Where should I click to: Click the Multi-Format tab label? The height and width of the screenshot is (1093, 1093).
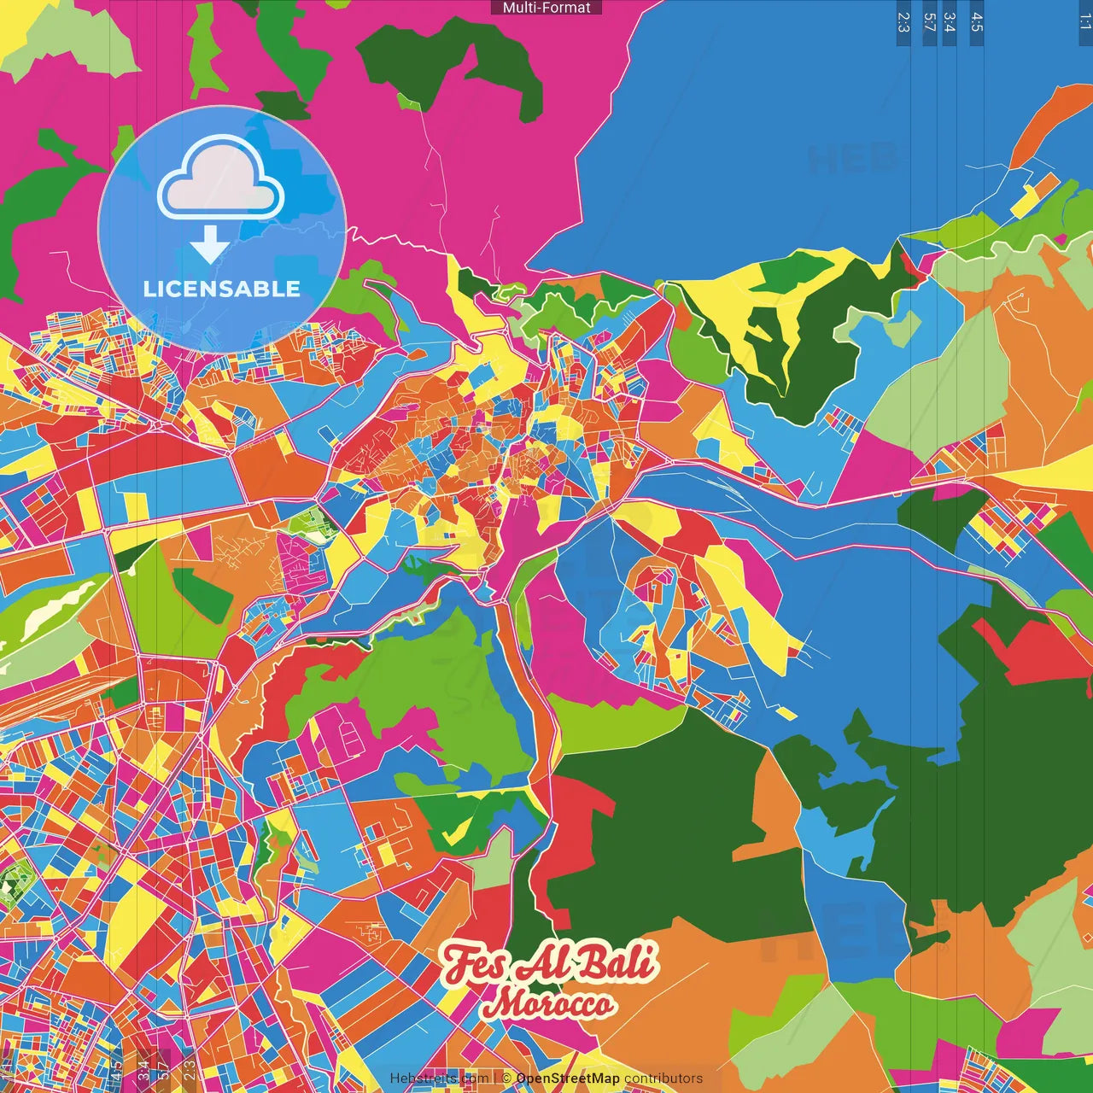pos(546,8)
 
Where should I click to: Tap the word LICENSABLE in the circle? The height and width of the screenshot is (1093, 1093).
pos(222,289)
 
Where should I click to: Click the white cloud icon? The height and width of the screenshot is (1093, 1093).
pos(220,179)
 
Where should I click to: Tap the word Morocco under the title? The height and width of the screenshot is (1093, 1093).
pos(547,1003)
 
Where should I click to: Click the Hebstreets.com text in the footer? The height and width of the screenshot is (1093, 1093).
pos(439,1078)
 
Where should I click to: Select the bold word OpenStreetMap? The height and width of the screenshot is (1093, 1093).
pos(568,1078)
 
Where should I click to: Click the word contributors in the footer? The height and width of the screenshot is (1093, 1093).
pos(663,1078)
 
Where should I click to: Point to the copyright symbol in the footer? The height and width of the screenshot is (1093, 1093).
pos(506,1078)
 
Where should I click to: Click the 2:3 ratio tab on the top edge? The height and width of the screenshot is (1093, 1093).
pos(903,22)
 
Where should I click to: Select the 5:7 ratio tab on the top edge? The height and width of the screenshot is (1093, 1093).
pos(930,22)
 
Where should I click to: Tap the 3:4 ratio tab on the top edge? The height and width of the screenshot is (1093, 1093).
pos(950,22)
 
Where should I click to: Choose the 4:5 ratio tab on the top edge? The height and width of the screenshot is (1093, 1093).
pos(977,22)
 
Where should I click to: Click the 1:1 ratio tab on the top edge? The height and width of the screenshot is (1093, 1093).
pos(1084,22)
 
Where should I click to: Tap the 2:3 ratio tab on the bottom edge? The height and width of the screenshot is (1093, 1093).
pos(190,1070)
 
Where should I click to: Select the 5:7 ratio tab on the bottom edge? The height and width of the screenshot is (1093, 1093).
pos(163,1070)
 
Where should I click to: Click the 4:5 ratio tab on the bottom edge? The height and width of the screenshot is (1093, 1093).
pos(116,1070)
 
